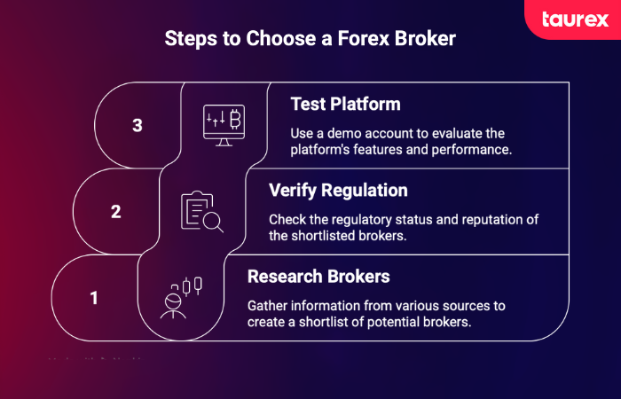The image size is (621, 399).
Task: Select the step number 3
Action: pos(138,125)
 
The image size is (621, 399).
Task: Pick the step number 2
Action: pos(116,212)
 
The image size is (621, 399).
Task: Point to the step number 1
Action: pos(94,298)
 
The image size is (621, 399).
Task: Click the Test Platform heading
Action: pos(345,104)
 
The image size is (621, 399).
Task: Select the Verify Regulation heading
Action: pos(338,190)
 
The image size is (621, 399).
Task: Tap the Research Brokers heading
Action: pos(318,276)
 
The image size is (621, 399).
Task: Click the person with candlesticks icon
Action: pos(180,297)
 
